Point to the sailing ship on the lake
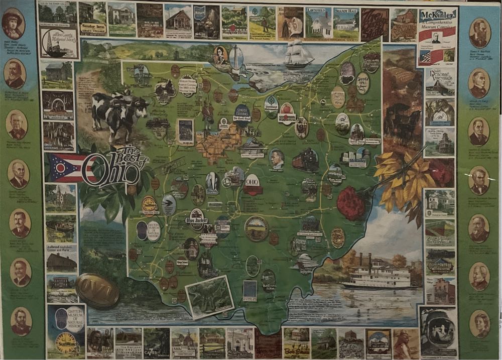point(299,55)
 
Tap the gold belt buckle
point(97,290)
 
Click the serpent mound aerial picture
point(210,296)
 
